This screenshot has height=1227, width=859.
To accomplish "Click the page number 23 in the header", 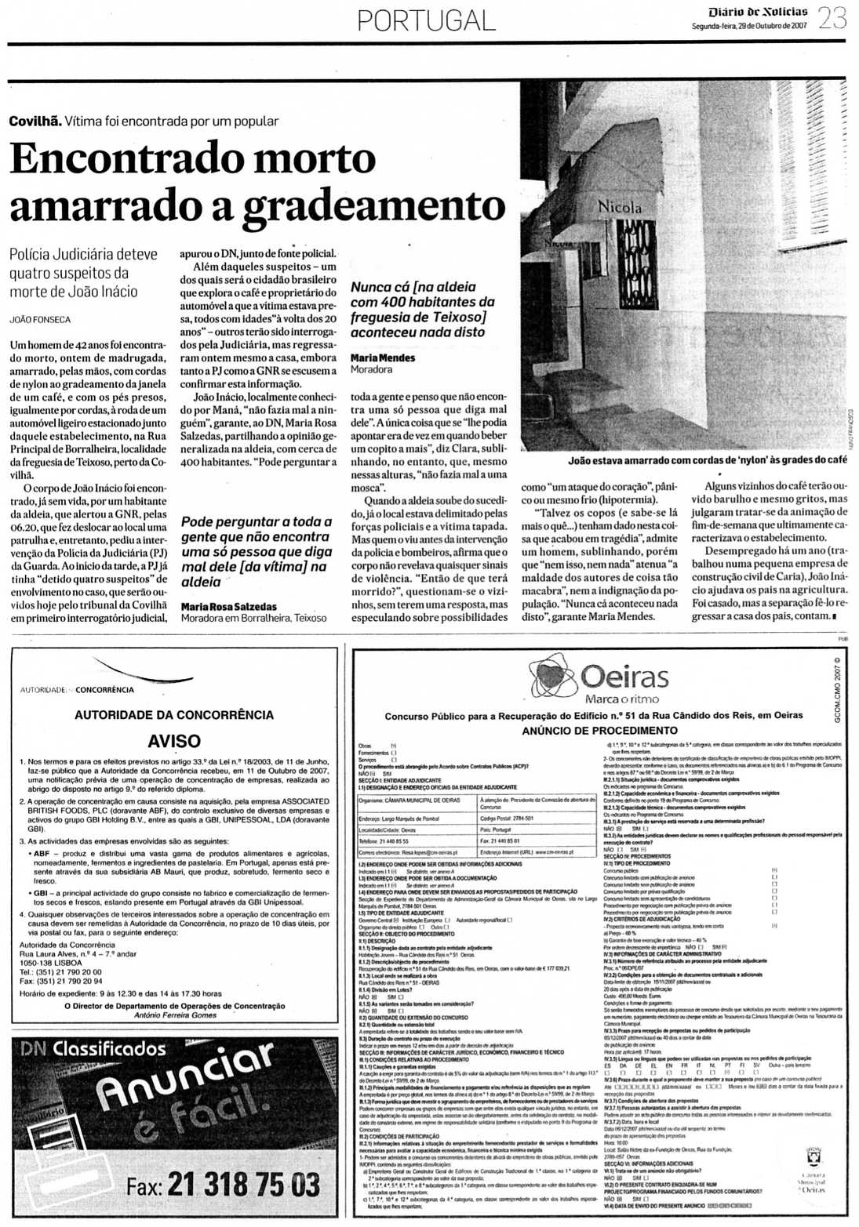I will pos(832,17).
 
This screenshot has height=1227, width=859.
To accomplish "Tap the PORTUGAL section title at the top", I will pos(427,20).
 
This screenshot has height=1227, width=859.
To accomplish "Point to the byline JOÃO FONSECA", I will pos(40,320).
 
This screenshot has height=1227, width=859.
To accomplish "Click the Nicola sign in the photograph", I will pos(620,208).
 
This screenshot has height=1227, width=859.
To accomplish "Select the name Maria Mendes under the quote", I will pos(383,358).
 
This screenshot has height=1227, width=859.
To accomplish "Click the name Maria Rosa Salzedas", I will pos(229,606).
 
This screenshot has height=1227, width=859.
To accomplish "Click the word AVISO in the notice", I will pos(174,741).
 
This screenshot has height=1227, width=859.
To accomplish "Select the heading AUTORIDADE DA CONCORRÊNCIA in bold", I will pos(174,715).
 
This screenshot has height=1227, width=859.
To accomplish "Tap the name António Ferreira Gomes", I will pos(175,1015).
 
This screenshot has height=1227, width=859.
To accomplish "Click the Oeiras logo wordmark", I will pos(624,676).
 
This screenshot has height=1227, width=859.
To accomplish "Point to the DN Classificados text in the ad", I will pos(93,1048).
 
